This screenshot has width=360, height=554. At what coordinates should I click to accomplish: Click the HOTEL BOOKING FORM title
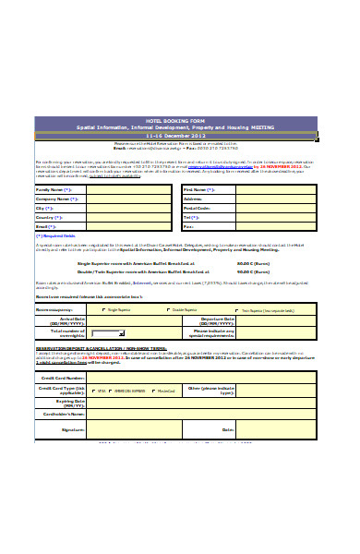[179, 120]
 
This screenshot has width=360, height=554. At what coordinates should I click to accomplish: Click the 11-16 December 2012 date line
[179, 135]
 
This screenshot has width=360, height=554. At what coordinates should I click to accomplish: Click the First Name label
[198, 189]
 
